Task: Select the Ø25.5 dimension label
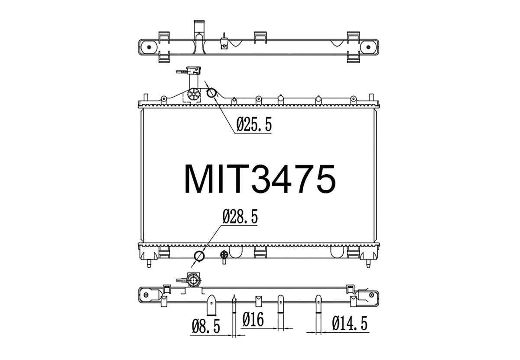click(x=254, y=124)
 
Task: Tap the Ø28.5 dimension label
click(x=240, y=216)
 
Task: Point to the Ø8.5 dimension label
click(x=206, y=326)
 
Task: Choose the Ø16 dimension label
click(x=253, y=319)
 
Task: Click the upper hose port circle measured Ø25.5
click(x=211, y=93)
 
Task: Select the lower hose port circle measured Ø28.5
click(x=199, y=256)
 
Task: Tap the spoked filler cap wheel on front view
click(x=194, y=94)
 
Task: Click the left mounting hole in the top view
click(x=149, y=47)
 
